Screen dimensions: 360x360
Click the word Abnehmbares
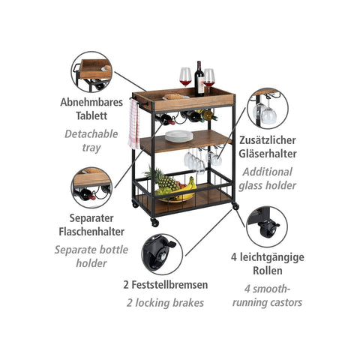pos(91,103)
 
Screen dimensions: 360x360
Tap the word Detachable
pos(91,134)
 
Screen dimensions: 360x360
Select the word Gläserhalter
pos(268,154)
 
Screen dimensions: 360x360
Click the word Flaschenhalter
pos(91,232)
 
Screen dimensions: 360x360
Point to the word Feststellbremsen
pos(169,285)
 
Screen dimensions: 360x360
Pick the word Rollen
pos(268,271)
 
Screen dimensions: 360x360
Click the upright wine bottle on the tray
pos(199,79)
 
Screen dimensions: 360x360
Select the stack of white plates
pos(179,136)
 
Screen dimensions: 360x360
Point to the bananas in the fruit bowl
pos(188,189)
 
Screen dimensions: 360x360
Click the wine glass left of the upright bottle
pos(185,77)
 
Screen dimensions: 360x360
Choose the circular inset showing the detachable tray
pos(91,72)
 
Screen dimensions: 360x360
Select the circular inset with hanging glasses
pos(268,109)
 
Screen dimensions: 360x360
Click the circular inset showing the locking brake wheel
pos(162,254)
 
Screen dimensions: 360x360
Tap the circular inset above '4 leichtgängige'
pos(267,226)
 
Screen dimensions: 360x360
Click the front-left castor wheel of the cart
pos(154,223)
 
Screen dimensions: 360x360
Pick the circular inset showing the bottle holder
pos(91,187)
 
